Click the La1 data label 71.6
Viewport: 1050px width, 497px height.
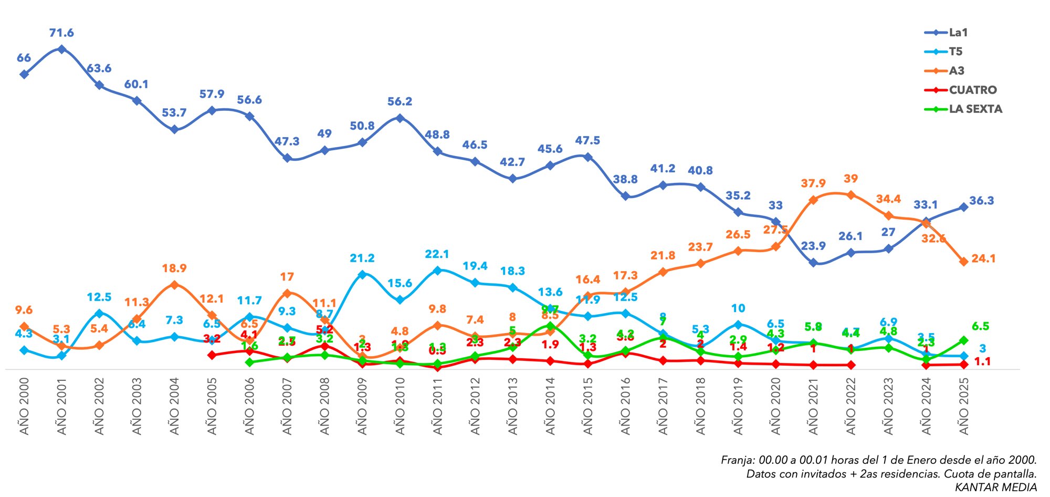[61, 33]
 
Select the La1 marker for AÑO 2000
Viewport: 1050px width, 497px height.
[24, 75]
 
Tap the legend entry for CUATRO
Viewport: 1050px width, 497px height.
[972, 90]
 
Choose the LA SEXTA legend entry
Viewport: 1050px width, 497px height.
[975, 109]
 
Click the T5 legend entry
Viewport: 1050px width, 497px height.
[955, 51]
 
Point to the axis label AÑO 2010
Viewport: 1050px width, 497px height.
[400, 406]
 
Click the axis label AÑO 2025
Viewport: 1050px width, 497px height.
[964, 406]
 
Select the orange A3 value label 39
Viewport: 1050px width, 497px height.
[850, 179]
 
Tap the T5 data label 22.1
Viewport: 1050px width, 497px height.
[437, 254]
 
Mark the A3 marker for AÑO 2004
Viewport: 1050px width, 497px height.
[175, 285]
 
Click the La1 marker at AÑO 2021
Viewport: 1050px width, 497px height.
[813, 263]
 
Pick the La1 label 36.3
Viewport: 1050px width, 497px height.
[981, 201]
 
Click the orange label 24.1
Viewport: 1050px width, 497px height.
[983, 258]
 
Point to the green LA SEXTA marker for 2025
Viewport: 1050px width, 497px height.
[963, 340]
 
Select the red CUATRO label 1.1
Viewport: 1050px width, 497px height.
[982, 361]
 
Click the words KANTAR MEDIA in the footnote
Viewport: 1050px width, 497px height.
[995, 487]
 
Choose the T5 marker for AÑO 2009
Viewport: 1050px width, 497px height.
[362, 274]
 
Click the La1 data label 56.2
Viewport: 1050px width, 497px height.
[400, 101]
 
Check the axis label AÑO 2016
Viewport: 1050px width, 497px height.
[625, 406]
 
